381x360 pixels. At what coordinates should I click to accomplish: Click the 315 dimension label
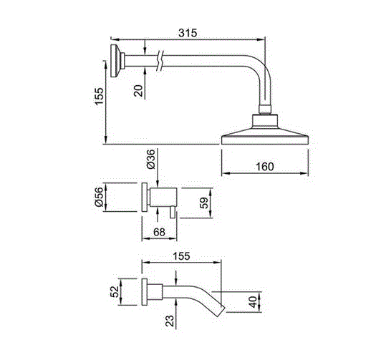188,33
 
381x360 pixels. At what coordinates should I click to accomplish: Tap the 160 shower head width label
265,167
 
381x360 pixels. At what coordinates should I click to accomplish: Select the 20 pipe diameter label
139,91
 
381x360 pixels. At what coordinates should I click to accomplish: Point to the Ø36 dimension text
150,159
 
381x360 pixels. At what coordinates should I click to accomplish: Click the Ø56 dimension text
99,197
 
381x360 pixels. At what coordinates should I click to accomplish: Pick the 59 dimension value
204,203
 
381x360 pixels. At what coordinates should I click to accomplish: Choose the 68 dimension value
160,232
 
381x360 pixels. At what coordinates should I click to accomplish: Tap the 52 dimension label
115,292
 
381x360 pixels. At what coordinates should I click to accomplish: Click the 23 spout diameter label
170,321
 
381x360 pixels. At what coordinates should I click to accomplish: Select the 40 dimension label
253,302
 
